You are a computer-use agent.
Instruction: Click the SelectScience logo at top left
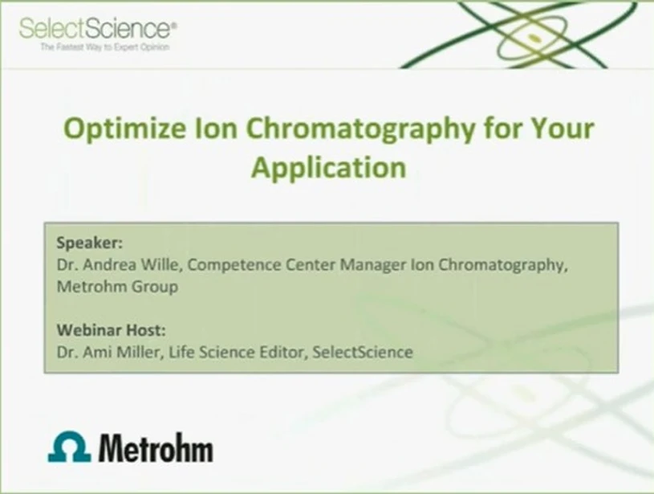tap(95, 29)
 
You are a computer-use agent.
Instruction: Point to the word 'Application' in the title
tap(327, 168)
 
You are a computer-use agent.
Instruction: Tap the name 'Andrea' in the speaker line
tap(101, 264)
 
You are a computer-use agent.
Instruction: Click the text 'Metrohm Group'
tap(118, 286)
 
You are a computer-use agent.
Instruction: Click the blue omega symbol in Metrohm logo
tap(69, 447)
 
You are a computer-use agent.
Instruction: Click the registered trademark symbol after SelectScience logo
tap(174, 24)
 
